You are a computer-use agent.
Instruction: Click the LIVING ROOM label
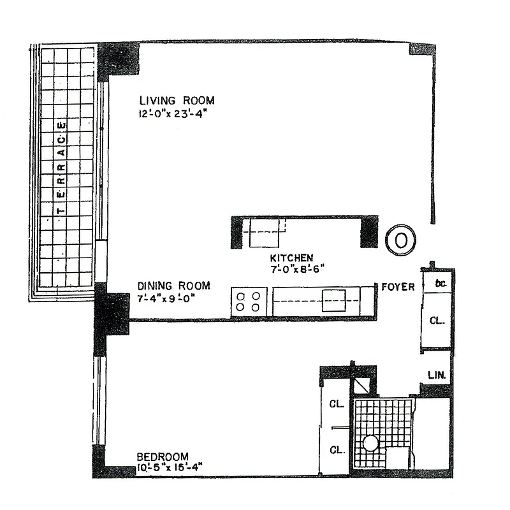pos(177,101)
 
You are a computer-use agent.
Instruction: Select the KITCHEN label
pos(291,258)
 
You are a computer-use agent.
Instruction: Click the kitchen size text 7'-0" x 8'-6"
pos(294,268)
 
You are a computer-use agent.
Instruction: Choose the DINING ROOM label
pos(173,286)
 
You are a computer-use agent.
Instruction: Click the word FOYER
pos(398,287)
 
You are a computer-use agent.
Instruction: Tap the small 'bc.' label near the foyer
pos(439,283)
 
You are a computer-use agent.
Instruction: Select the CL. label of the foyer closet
pos(437,321)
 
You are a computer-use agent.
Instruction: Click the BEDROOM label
pos(163,456)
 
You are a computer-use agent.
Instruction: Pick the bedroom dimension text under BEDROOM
pos(170,467)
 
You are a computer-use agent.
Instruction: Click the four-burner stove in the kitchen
pos(249,301)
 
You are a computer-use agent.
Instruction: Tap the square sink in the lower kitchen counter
pos(333,300)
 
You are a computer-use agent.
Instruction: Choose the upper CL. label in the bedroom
pos(337,404)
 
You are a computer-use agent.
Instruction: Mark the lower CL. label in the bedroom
pos(337,450)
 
